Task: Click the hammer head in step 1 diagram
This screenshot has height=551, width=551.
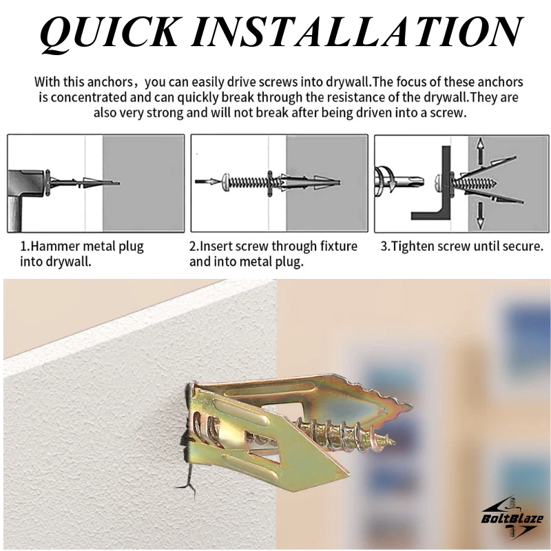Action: click(26, 183)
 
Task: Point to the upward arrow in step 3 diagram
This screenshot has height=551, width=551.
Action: click(480, 149)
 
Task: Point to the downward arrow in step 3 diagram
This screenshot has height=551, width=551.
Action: click(480, 216)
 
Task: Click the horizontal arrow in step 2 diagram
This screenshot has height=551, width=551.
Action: click(207, 182)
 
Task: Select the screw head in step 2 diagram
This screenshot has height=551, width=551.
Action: click(226, 182)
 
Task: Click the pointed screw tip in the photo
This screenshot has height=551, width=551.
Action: click(392, 441)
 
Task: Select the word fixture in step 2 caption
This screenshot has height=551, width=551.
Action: click(338, 247)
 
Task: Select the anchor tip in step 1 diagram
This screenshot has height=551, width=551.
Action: click(117, 183)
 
